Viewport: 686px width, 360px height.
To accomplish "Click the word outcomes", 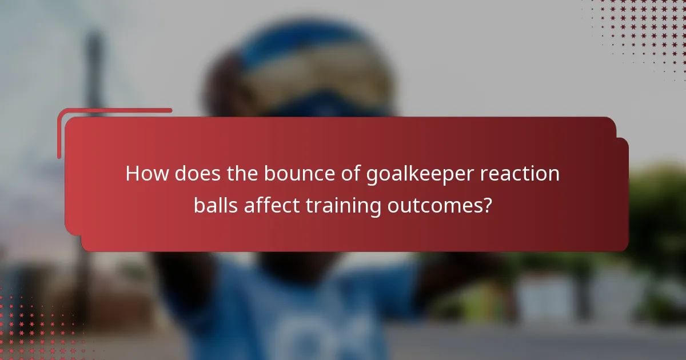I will point(433,205).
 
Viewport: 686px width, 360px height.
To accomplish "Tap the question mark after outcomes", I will point(486,205).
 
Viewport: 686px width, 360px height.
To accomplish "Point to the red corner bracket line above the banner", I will point(114,110).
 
